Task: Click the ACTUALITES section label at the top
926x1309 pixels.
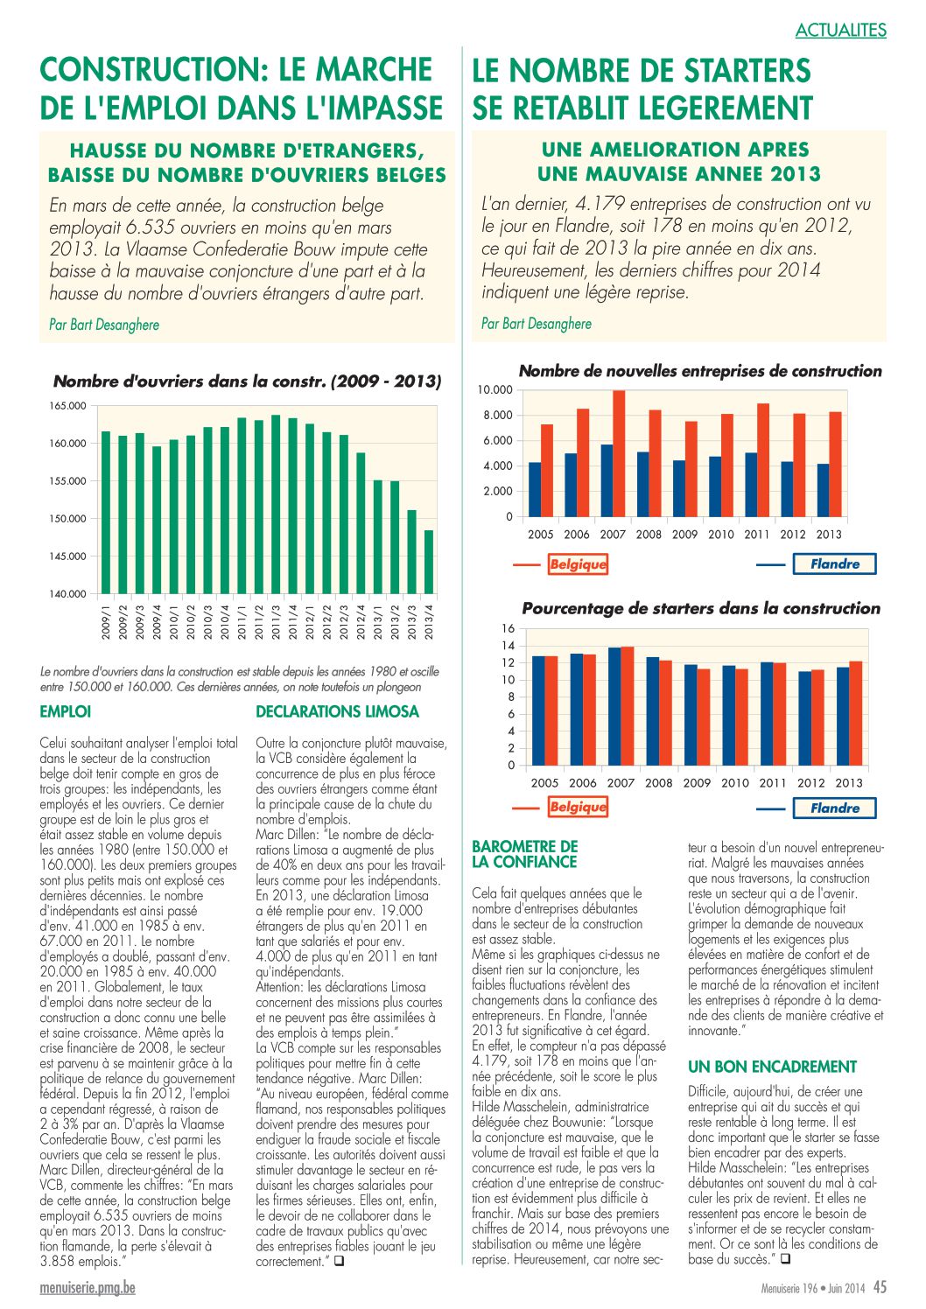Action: pyautogui.click(x=840, y=29)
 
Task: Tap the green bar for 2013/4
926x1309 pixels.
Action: pyautogui.click(x=429, y=562)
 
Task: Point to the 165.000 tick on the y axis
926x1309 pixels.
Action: pyautogui.click(x=67, y=405)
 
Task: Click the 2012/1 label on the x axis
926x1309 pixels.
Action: pyautogui.click(x=310, y=623)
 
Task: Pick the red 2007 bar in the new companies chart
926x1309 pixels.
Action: pyautogui.click(x=619, y=453)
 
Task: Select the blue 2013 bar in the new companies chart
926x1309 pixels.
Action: pyautogui.click(x=823, y=490)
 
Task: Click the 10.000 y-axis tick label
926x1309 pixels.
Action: pyautogui.click(x=495, y=389)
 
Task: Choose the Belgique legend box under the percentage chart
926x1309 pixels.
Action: pyautogui.click(x=578, y=807)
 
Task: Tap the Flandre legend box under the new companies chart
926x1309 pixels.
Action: pyautogui.click(x=834, y=563)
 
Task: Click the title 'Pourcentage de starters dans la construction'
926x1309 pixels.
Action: pyautogui.click(x=701, y=608)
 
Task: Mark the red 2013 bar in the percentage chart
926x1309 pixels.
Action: pyautogui.click(x=855, y=713)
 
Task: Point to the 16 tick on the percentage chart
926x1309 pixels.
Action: pyautogui.click(x=508, y=629)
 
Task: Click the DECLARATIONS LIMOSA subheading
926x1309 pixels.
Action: pyautogui.click(x=337, y=711)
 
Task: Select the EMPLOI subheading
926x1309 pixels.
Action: pyautogui.click(x=66, y=711)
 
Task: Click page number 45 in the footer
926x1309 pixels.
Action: pyautogui.click(x=880, y=1287)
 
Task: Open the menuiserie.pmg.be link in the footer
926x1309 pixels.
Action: pyautogui.click(x=88, y=1288)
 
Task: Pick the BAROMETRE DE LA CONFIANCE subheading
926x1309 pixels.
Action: pyautogui.click(x=524, y=854)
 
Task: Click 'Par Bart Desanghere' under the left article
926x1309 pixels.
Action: pyautogui.click(x=104, y=325)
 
